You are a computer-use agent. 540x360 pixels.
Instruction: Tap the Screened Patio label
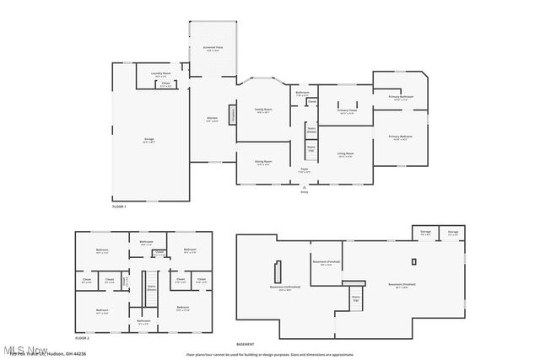[x=213, y=49]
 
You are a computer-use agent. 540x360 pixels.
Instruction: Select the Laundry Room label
[x=161, y=74]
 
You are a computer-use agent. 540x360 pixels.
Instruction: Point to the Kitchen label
[x=213, y=119]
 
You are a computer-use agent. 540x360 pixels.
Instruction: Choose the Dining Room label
[x=263, y=162]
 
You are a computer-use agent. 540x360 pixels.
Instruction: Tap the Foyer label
[x=305, y=169]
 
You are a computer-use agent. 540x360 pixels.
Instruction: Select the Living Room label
[x=345, y=154]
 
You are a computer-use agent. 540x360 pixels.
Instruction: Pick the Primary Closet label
[x=348, y=110]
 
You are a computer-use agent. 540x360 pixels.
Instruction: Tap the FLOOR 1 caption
[x=119, y=207]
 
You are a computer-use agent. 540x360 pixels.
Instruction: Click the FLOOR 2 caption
[x=82, y=337]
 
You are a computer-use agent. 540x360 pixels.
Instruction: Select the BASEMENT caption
[x=246, y=345]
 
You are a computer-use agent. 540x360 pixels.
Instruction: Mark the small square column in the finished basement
[x=413, y=261]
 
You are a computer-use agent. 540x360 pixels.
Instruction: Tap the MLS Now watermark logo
[x=24, y=350]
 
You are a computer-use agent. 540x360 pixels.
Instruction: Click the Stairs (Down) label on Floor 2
[x=152, y=287]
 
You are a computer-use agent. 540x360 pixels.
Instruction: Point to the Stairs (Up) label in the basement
[x=355, y=297]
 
